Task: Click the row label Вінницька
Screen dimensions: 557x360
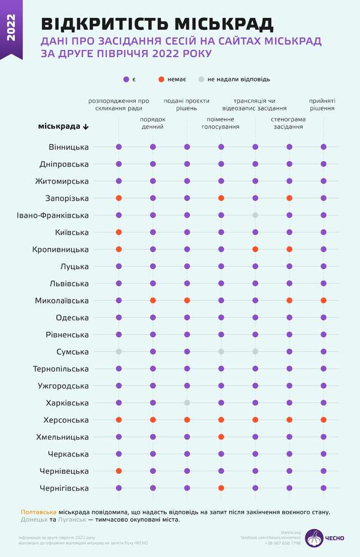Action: coord(69,147)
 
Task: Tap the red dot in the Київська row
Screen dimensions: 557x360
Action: coord(119,232)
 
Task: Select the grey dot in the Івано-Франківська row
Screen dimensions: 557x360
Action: coord(255,215)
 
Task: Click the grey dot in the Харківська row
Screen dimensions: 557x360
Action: coord(187,402)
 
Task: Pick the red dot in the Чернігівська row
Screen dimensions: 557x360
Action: coord(221,488)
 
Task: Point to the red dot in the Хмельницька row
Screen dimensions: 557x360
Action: coord(221,437)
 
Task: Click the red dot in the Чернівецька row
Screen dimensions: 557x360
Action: coord(119,471)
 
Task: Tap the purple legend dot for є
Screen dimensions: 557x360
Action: coord(126,79)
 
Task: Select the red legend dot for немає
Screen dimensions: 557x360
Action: coord(161,79)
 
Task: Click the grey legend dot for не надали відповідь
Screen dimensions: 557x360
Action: coord(201,79)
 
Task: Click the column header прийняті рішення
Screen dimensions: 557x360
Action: coord(322,105)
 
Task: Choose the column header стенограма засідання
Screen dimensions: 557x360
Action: coord(289,123)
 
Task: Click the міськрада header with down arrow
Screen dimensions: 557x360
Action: coord(63,126)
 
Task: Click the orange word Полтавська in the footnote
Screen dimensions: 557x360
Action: coord(39,512)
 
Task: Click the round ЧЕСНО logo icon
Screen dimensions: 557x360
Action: coord(314,537)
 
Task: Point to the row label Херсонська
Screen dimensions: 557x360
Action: coord(66,420)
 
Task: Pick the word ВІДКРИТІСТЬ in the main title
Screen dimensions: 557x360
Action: coord(105,24)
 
